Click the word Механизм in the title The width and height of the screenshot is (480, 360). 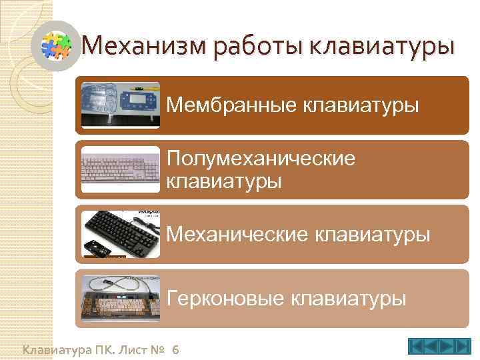[139, 46]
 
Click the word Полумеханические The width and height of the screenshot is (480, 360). [261, 159]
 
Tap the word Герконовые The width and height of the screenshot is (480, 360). [224, 298]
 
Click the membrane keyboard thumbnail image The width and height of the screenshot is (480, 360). [120, 105]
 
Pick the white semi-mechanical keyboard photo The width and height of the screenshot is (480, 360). [120, 169]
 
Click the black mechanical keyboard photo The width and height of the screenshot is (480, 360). [120, 234]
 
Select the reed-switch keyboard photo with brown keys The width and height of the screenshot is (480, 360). [120, 299]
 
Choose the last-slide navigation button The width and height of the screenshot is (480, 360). [462, 347]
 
